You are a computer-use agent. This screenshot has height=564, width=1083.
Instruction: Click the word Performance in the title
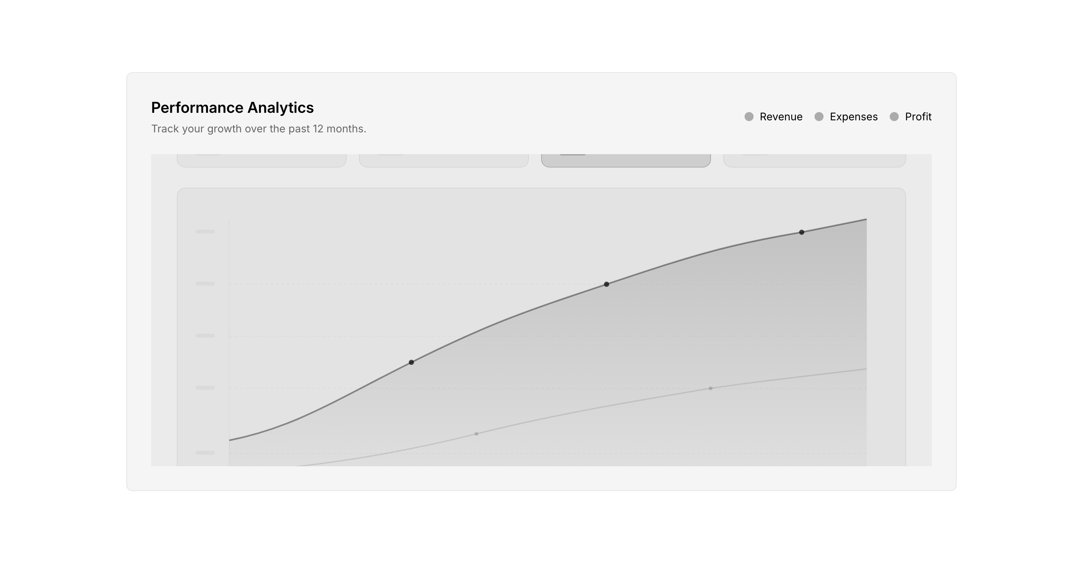pos(197,108)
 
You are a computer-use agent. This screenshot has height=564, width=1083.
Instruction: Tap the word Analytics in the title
pos(281,108)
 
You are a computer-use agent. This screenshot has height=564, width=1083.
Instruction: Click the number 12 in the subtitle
pos(318,129)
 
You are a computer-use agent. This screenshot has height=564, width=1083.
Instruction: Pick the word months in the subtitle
pos(346,129)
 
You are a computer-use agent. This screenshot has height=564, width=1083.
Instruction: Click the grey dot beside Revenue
pos(749,117)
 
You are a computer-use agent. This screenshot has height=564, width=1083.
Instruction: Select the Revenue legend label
pos(781,117)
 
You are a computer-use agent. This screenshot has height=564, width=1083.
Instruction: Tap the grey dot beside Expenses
pos(819,117)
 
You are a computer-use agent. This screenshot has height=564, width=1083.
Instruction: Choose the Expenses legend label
pos(854,117)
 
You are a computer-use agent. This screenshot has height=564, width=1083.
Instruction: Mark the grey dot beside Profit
pos(894,117)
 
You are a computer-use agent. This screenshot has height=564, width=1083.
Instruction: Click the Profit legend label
pos(918,117)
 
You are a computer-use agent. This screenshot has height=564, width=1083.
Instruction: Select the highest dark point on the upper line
pos(802,232)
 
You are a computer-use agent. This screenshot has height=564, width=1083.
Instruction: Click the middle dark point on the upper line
pos(606,284)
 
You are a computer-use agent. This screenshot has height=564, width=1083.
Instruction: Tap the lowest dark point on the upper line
pos(411,362)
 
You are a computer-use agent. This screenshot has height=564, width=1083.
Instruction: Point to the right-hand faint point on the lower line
pos(710,388)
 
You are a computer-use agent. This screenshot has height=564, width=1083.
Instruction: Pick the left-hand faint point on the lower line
pos(476,434)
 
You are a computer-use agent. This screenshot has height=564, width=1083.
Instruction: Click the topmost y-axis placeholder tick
pos(205,232)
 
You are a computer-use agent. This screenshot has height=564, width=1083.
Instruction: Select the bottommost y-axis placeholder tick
pos(205,453)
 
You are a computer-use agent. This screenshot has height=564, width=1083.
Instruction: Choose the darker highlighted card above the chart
pos(626,161)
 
